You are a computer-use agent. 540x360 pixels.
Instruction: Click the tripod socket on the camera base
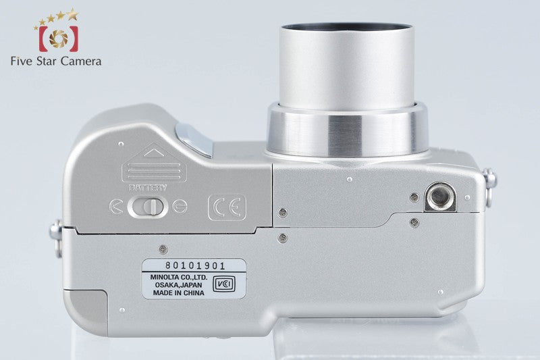(x=440, y=197)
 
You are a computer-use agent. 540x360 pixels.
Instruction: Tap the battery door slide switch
(x=148, y=207)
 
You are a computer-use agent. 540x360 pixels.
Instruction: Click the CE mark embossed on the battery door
(x=227, y=208)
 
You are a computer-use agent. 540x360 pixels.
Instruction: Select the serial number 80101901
(x=195, y=265)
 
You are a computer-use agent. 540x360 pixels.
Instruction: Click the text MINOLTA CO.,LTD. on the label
(x=179, y=277)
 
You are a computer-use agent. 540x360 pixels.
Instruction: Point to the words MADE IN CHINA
(x=179, y=293)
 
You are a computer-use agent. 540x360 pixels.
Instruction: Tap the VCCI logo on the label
(x=224, y=284)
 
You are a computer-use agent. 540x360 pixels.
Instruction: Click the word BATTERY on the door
(x=148, y=188)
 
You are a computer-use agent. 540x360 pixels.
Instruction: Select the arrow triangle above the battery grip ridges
(x=154, y=153)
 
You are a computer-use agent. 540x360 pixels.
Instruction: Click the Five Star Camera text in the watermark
(x=56, y=61)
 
